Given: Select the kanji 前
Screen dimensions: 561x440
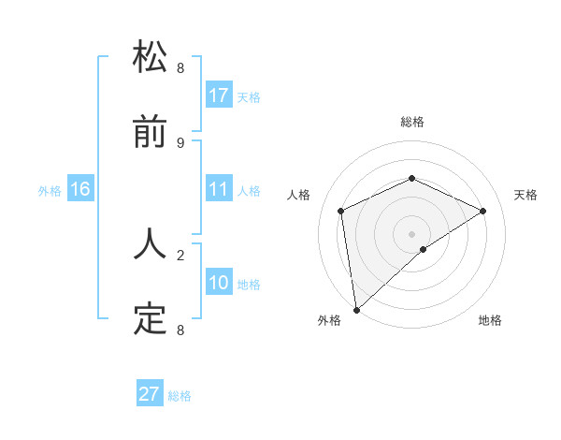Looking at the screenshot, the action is (x=151, y=133).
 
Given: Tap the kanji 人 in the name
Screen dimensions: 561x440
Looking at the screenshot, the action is (x=151, y=242).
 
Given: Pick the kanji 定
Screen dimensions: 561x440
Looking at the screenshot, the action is (x=151, y=319).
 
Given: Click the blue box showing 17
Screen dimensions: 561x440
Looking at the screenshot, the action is (x=219, y=95).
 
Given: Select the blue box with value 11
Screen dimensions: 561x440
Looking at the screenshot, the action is (x=219, y=190).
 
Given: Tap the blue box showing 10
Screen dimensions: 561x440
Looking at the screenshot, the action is (x=219, y=283).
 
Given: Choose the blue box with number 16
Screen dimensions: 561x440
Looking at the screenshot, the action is (x=80, y=190).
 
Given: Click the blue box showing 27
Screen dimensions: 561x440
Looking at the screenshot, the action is (x=150, y=394).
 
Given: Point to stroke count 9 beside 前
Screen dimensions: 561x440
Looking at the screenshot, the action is (x=180, y=142).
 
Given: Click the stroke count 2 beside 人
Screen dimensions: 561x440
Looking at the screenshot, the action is (x=180, y=253).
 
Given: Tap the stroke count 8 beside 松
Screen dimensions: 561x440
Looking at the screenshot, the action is (x=180, y=67).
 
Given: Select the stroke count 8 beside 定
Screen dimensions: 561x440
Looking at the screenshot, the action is (x=180, y=330).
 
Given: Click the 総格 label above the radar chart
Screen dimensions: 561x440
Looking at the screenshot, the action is (x=411, y=122).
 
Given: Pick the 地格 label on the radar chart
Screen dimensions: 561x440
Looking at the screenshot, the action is (x=490, y=320).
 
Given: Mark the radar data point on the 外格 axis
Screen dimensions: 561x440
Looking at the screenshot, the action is (x=356, y=309).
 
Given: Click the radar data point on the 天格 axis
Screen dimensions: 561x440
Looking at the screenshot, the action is (x=482, y=211).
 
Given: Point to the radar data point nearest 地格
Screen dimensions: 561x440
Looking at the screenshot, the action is (x=424, y=249).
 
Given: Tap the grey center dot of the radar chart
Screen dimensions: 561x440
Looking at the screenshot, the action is (x=411, y=233).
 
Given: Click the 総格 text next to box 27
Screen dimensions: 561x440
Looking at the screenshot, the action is (x=180, y=396).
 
